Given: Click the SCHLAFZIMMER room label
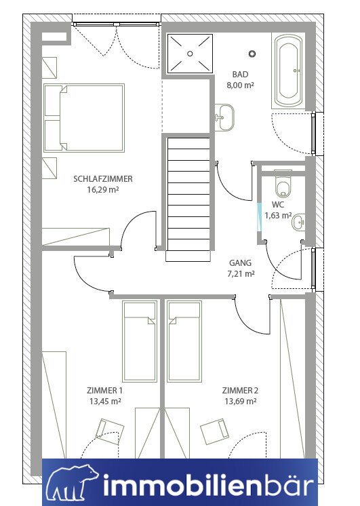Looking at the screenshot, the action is tap(103, 179).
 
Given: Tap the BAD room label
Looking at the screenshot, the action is tap(240, 74).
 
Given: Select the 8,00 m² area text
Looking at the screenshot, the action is tap(240, 85).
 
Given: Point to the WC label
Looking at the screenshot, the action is tap(278, 205).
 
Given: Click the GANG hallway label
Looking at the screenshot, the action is tap(240, 263).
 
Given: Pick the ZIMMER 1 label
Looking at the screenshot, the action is tap(104, 391).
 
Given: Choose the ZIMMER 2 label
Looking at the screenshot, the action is tap(240, 391).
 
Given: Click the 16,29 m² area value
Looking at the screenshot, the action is tap(103, 190).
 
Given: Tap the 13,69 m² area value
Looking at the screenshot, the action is tap(240, 402).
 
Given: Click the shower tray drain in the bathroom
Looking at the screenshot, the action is tap(190, 54).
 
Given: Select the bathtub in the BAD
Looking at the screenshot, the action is tap(288, 71).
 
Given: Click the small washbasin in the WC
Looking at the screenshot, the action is tap(298, 222).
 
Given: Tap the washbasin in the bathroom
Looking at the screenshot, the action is tap(224, 117).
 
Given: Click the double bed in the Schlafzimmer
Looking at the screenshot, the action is tap(84, 118).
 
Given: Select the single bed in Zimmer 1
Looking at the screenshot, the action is tap(140, 341).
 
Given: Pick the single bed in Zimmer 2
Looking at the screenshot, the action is tap(184, 341).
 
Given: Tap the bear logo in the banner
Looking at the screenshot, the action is tap(72, 484).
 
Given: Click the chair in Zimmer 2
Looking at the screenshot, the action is tap(215, 429).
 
